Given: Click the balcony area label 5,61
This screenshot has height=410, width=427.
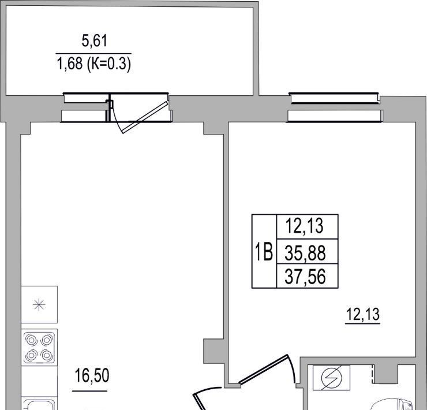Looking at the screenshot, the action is [94, 41].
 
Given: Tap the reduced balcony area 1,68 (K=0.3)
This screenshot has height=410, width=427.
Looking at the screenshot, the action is [94, 64].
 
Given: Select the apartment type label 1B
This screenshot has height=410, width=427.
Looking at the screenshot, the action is [263, 252].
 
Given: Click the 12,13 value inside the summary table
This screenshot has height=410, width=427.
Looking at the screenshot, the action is [305, 226].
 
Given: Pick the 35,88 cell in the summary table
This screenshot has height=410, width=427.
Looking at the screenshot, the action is [305, 253].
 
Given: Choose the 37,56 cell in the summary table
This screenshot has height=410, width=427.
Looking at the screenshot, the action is [305, 277].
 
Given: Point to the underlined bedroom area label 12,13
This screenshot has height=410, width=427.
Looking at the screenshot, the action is [362, 315].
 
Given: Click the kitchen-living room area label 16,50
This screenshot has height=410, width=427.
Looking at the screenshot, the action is [92, 375].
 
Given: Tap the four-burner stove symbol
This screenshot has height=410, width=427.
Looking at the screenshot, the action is [39, 348].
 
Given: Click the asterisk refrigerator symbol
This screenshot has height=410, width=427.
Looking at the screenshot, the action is [39, 305].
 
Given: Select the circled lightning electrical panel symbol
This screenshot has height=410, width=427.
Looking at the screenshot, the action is [331, 378].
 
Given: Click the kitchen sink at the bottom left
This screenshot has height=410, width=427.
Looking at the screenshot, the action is [39, 404].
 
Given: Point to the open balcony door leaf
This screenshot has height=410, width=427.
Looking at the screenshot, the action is [144, 117].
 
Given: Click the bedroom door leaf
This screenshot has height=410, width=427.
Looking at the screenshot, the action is [264, 370].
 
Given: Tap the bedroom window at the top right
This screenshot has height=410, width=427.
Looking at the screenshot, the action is [335, 107].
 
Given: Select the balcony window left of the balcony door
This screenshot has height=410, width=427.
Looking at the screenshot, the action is [85, 107].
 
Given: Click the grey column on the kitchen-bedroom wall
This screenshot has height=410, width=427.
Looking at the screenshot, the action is [213, 351].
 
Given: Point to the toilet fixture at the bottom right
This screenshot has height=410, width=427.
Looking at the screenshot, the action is [392, 405].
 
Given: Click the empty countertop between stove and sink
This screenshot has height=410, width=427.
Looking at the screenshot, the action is [39, 381].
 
